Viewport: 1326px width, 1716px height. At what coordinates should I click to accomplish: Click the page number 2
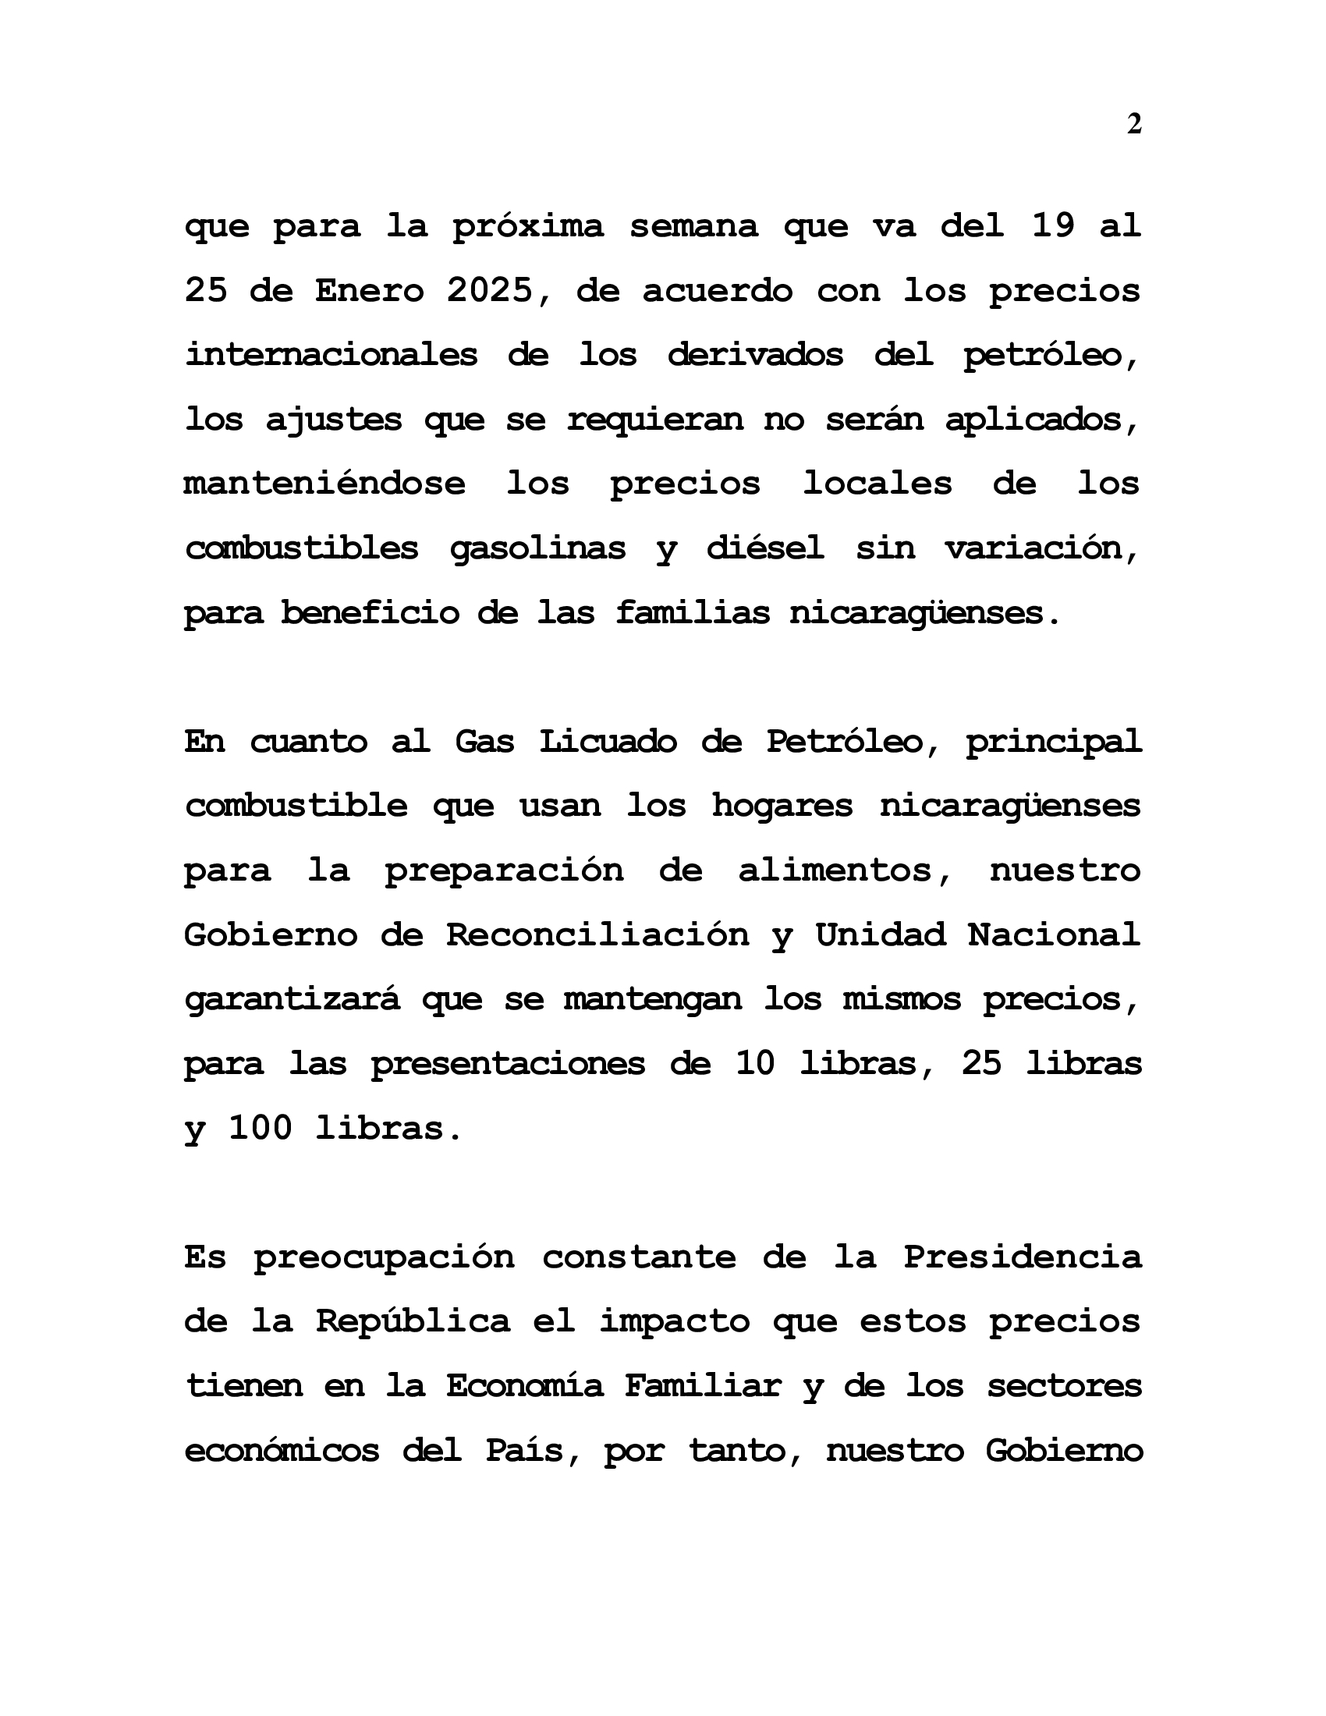[1133, 124]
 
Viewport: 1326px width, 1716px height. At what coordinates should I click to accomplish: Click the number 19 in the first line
[1053, 226]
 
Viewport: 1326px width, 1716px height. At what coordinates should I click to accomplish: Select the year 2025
[489, 291]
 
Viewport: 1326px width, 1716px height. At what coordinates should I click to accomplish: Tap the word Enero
[369, 291]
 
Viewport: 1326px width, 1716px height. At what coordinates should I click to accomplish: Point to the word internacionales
[331, 355]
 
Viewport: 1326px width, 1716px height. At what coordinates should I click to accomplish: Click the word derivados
[755, 355]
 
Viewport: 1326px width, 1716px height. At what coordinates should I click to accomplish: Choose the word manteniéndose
[324, 484]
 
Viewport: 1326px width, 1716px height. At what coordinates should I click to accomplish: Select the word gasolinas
[537, 548]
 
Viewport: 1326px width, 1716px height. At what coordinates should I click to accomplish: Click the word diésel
[765, 548]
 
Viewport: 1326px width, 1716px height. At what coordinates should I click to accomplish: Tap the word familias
[692, 612]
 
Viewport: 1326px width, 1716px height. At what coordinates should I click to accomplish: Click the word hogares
[782, 806]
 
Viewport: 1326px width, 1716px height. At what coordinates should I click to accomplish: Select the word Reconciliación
[597, 934]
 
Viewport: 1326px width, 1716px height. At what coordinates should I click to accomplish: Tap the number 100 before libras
[260, 1129]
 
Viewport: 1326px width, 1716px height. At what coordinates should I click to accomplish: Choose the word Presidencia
[1021, 1257]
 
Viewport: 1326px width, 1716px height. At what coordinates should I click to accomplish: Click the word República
[413, 1321]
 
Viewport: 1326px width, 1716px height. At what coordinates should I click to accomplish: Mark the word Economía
[525, 1385]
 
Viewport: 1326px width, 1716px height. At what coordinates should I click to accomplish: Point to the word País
[534, 1450]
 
